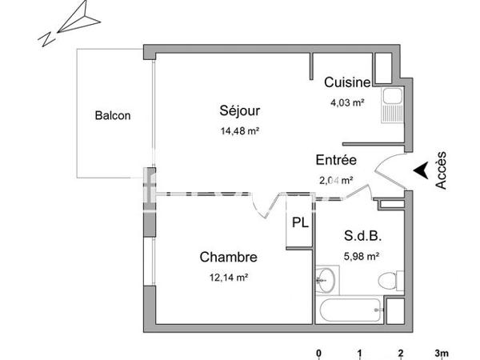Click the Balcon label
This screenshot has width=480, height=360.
coord(112,115)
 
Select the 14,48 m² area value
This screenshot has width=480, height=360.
coord(240,131)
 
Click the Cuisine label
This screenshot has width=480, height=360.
coord(346,82)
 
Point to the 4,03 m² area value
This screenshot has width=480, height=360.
coord(348,102)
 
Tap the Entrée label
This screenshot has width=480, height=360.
coord(336,159)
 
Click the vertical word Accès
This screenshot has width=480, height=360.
coord(442,170)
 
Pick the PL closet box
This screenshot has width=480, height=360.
coord(299,223)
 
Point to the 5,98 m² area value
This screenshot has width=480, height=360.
coord(361,257)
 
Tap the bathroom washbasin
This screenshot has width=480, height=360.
coord(326,280)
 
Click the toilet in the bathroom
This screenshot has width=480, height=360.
coord(389,280)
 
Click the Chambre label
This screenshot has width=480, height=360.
coord(228,257)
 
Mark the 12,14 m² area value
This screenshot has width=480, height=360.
coord(228,278)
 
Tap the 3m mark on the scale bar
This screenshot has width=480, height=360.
coord(441,352)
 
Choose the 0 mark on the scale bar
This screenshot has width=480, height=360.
coord(318,352)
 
